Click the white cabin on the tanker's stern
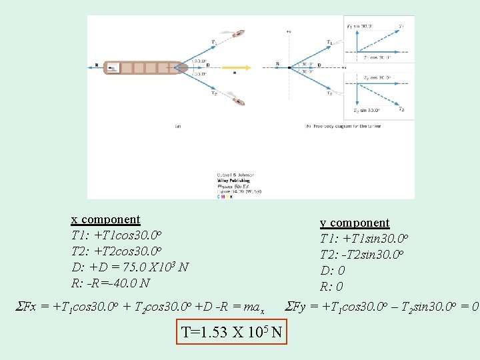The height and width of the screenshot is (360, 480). pos(113,67)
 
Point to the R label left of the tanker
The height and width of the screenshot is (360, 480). pos(97,65)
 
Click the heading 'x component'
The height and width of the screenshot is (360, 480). pos(106,219)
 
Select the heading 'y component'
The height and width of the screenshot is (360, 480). pos(355,223)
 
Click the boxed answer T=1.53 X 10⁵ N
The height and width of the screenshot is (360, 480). pos(233,331)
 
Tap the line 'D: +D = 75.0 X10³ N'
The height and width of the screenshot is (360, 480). pos(130,267)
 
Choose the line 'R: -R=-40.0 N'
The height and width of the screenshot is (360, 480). pos(111,283)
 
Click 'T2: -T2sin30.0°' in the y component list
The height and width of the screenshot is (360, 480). pos(362,255)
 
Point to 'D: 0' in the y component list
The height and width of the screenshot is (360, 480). pos(333,271)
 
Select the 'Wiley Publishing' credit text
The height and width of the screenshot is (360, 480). pos(233,180)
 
